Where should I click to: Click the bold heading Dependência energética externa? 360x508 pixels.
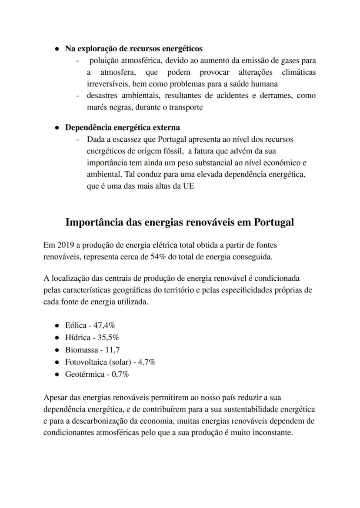(122, 128)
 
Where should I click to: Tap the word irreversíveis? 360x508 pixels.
(107, 83)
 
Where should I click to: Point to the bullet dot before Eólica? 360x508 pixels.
(57, 325)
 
